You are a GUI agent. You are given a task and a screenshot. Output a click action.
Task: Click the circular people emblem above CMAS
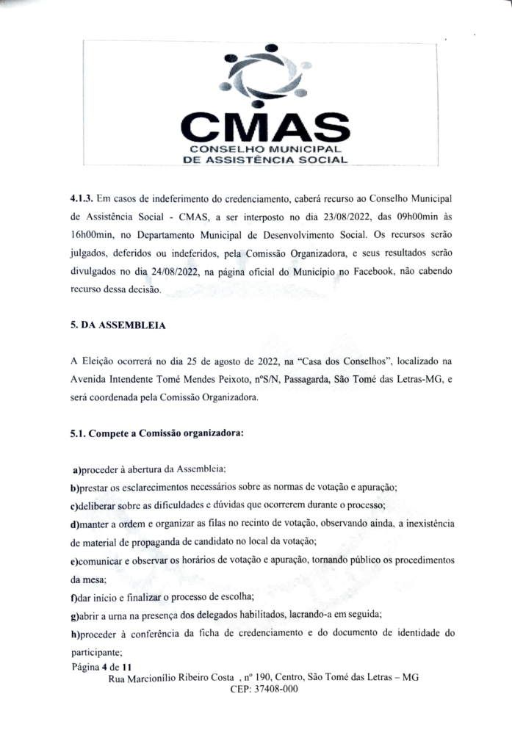[265, 77]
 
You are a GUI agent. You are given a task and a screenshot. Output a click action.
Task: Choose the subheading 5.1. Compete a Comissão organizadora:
[156, 433]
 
